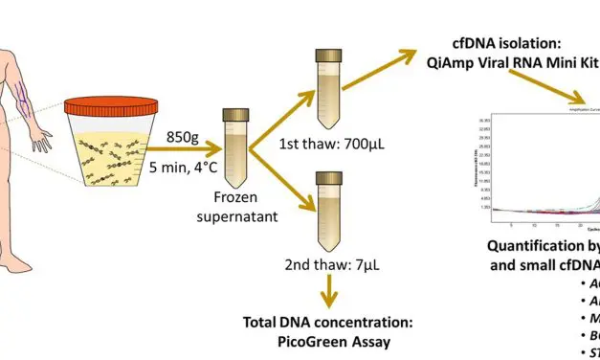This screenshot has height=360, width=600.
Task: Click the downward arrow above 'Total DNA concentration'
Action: [x=330, y=286]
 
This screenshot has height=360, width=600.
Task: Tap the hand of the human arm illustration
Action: [x=42, y=144]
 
